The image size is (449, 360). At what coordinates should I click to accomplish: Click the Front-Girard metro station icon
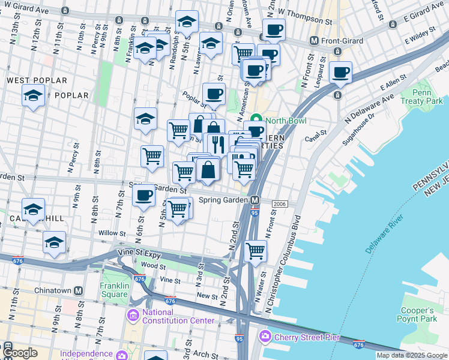coord(313,41)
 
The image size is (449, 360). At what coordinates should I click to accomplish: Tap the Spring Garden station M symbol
coord(255,200)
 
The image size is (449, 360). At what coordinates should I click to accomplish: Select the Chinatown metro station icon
coord(78,290)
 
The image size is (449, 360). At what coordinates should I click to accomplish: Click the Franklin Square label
coord(114,290)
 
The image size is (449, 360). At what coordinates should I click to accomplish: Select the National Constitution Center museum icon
coord(133,314)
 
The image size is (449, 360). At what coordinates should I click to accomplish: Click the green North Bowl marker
coord(256,120)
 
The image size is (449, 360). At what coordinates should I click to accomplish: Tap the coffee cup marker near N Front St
coord(340,72)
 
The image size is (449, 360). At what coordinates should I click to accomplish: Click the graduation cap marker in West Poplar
coord(33,95)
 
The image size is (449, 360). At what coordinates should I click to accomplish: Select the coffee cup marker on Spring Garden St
coord(143,196)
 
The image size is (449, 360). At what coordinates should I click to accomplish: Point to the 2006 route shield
coord(279,205)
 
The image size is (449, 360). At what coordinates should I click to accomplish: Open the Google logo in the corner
coord(20,353)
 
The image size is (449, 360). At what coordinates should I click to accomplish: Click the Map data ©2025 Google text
coord(412,355)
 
